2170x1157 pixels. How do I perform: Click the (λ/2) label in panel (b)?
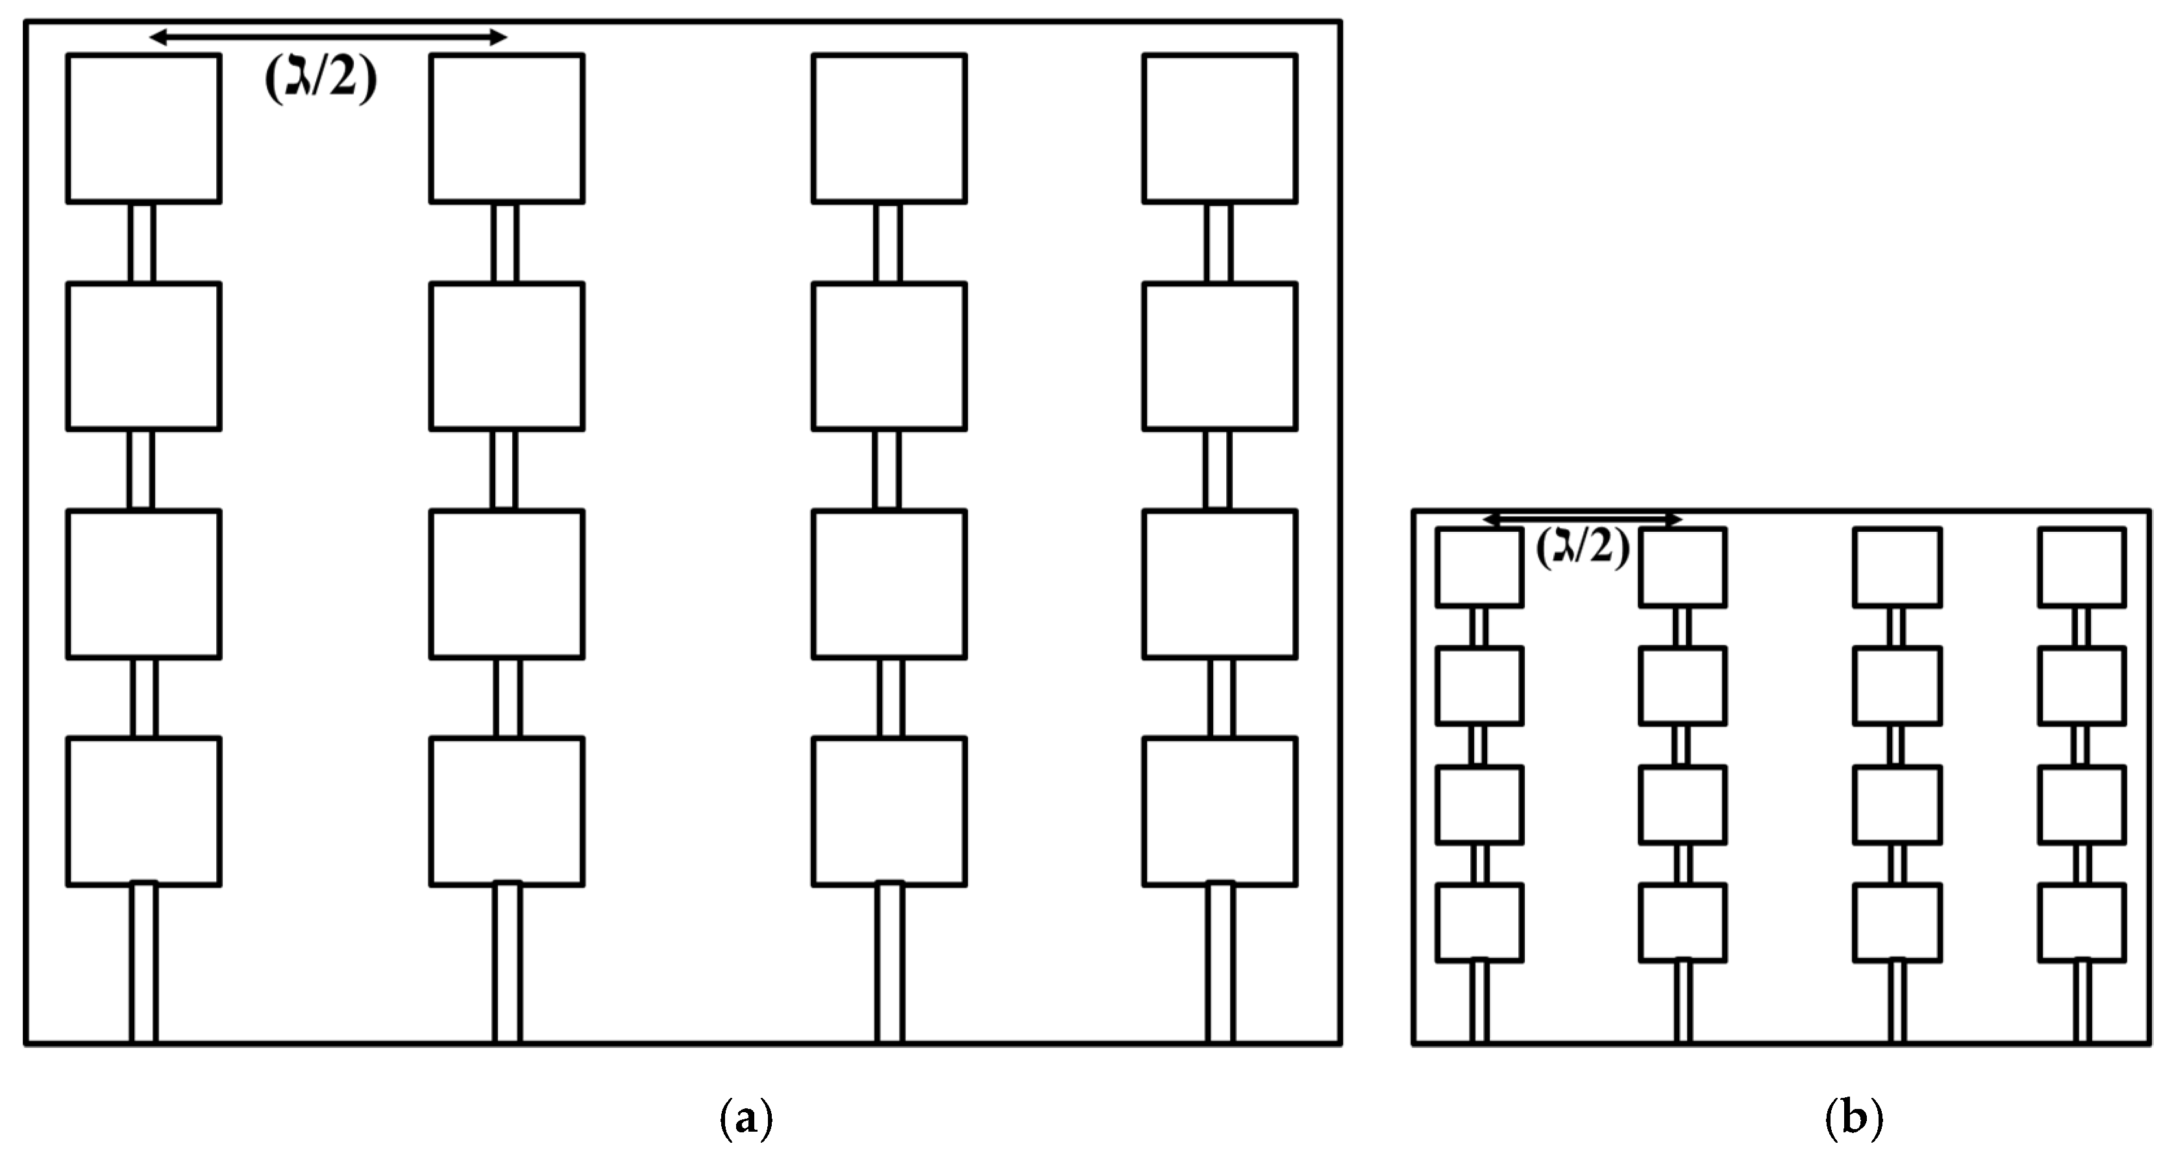pos(1582,549)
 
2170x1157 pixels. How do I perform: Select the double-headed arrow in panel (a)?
pos(328,37)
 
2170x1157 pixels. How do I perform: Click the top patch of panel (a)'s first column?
pos(144,128)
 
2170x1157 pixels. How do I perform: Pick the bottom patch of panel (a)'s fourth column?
pos(1220,812)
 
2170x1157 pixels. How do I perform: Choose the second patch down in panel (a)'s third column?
pos(889,356)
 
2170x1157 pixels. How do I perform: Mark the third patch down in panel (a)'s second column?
pos(506,584)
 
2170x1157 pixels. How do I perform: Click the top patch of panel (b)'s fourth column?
pos(2082,567)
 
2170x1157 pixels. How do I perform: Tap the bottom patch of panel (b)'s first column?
pos(1479,922)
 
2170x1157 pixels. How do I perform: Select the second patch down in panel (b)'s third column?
pos(1897,685)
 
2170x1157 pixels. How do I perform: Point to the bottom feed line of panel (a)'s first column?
pos(143,962)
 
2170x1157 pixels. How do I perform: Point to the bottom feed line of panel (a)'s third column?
pos(889,962)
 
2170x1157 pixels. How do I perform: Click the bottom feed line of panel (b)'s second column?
pos(1683,1001)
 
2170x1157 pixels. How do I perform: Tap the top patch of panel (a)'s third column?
pos(889,128)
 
